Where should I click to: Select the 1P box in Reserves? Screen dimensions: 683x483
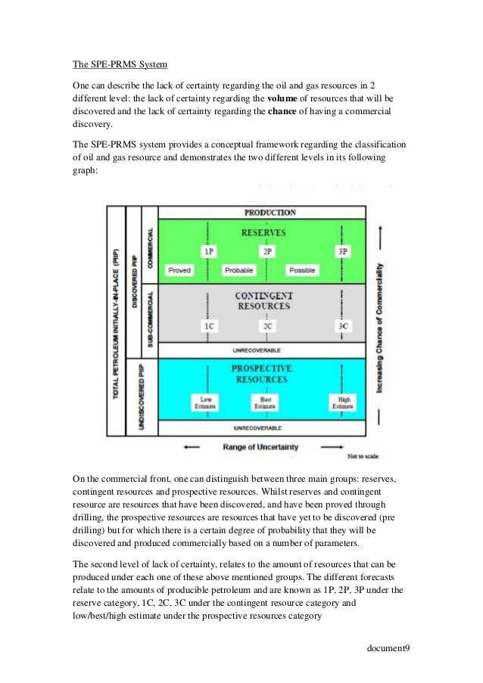[x=208, y=250]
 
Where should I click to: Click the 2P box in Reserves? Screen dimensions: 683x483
[x=266, y=250]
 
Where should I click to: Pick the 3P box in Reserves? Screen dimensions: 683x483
[x=343, y=250]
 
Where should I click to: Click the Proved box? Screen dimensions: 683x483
[x=179, y=269]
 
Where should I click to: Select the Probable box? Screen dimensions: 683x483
[x=239, y=269]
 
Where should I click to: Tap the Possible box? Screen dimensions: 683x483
[x=302, y=269]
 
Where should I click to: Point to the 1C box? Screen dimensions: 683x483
[x=208, y=326]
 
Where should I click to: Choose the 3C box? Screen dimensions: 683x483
[x=343, y=326]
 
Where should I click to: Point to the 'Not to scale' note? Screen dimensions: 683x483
[x=363, y=457]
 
